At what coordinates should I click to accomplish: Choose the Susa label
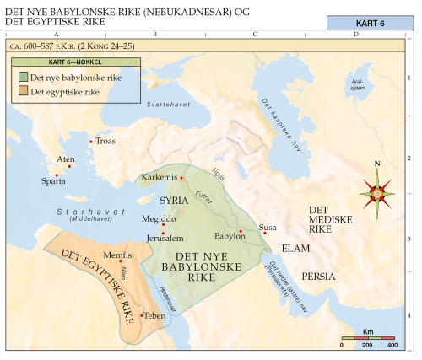(268, 227)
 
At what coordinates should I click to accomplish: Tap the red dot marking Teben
(142, 314)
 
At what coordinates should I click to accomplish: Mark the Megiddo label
(159, 218)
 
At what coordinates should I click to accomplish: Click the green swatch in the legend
(24, 77)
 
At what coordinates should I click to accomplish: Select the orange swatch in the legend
(24, 90)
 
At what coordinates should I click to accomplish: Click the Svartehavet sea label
(165, 104)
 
